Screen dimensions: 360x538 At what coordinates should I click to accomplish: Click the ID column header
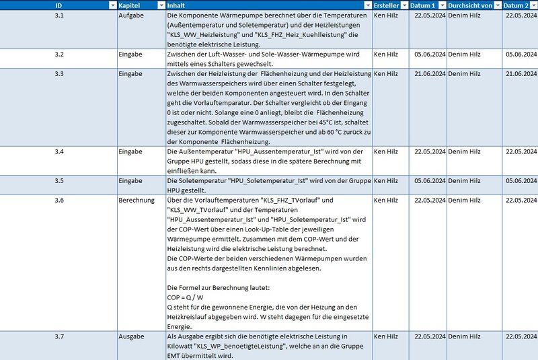click(x=59, y=5)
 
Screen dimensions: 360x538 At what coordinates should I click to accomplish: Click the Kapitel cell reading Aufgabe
click(x=130, y=15)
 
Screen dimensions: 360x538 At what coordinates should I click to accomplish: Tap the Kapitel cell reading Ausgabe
click(x=131, y=336)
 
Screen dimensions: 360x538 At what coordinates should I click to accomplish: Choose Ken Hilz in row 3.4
click(x=386, y=151)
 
